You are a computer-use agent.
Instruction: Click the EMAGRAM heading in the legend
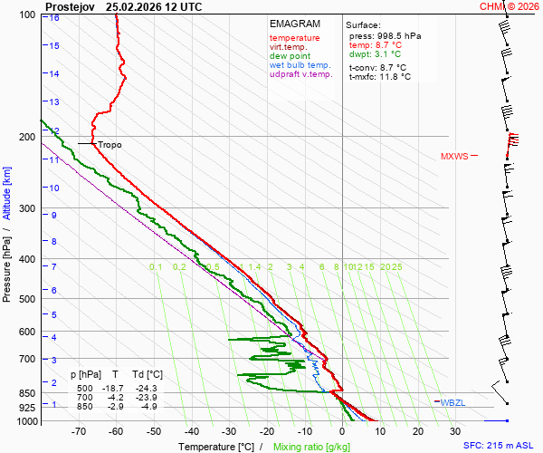click(x=295, y=24)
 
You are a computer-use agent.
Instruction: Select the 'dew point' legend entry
click(x=290, y=56)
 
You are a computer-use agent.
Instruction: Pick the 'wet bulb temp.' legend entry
click(x=300, y=65)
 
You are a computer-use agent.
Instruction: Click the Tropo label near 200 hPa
click(x=110, y=144)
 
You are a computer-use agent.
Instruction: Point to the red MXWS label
click(x=454, y=156)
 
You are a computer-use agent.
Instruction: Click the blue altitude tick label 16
click(x=55, y=18)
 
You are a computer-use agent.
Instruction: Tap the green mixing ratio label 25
click(x=396, y=267)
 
